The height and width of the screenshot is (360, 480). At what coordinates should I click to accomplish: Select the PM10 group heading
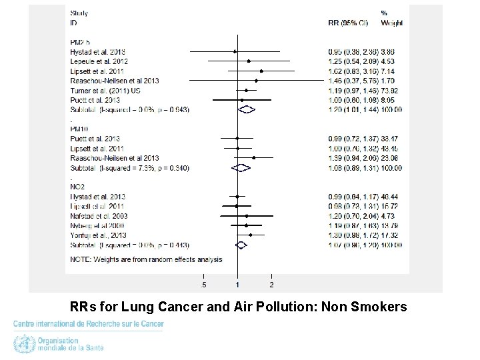[79, 128]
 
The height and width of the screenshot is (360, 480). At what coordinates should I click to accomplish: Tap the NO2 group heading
[77, 187]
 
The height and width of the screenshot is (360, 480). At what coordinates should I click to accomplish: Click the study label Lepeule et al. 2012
[99, 61]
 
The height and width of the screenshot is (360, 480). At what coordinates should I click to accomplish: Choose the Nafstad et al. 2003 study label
[99, 216]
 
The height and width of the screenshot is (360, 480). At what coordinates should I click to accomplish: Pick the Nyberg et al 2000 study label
[97, 226]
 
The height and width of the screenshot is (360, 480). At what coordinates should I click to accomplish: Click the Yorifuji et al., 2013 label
[98, 235]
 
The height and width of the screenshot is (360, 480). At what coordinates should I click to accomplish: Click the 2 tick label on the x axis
[271, 285]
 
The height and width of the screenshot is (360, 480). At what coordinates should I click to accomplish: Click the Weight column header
[391, 23]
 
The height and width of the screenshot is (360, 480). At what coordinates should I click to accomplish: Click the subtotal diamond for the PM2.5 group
[247, 109]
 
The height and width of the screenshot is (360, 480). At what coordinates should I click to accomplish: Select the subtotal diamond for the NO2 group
[241, 245]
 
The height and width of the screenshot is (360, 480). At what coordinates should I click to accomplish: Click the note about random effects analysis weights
[146, 259]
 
